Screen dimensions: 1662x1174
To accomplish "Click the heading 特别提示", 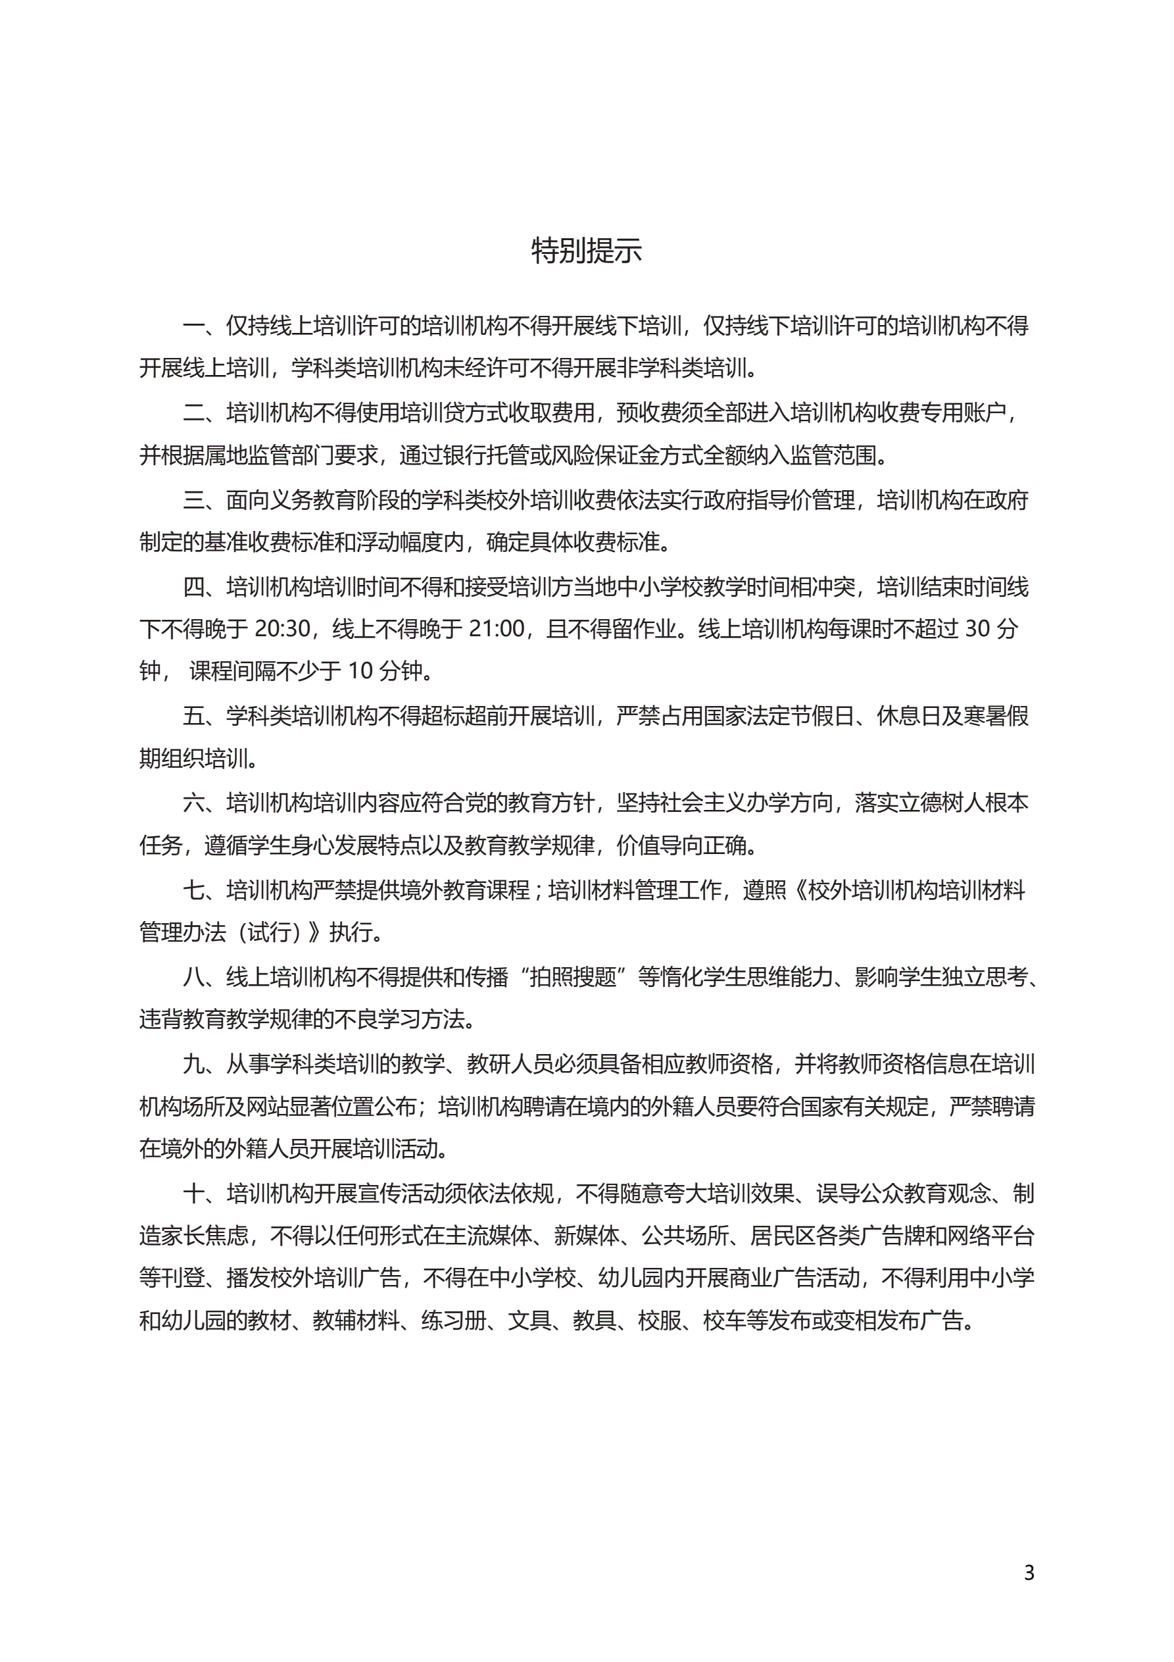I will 586,251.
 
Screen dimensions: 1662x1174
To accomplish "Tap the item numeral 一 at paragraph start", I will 194,326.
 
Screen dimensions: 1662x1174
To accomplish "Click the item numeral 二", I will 194,413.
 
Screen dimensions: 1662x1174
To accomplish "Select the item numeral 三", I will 194,499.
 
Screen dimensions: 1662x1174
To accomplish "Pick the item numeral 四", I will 194,586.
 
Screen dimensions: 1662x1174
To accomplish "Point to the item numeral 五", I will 194,716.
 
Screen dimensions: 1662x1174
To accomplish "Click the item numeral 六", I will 194,803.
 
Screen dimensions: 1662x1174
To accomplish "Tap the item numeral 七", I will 194,890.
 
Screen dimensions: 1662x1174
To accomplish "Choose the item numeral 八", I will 194,977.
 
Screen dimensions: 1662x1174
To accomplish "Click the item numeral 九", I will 194,1063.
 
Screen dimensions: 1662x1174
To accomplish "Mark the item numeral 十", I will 194,1193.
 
